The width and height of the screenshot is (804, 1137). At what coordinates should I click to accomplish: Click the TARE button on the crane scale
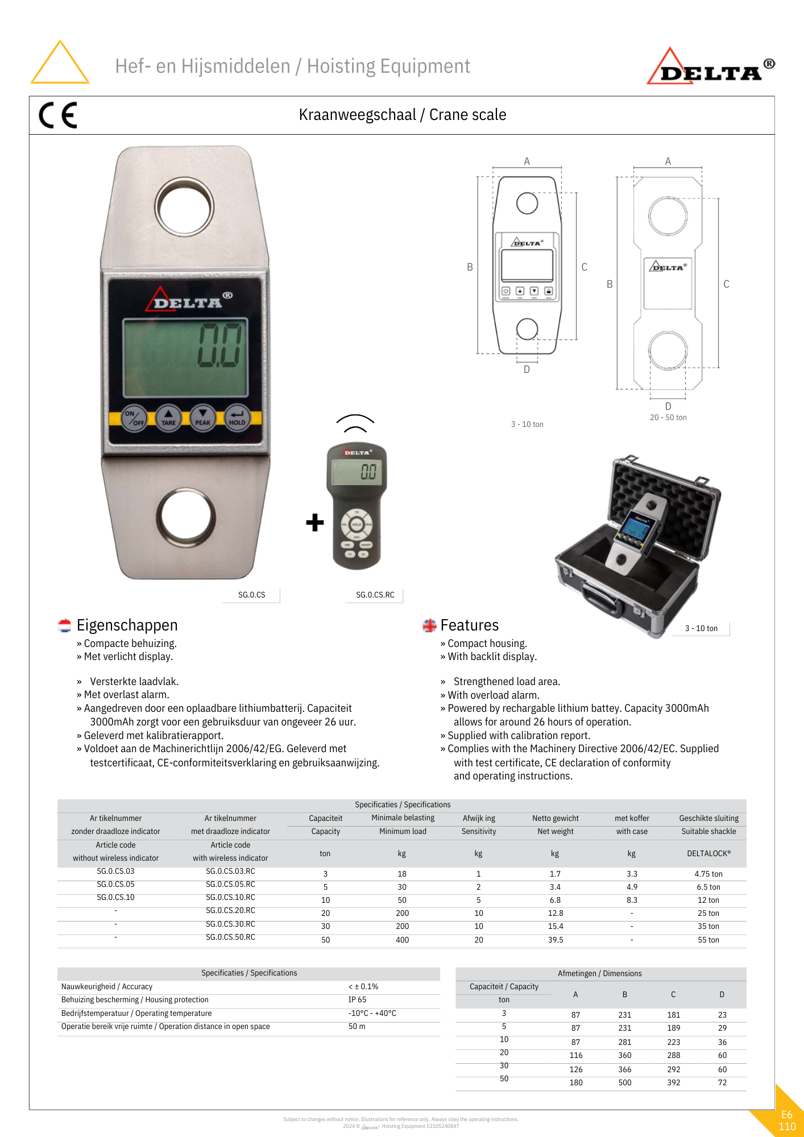(168, 418)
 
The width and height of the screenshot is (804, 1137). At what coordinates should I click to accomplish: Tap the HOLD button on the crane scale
(237, 418)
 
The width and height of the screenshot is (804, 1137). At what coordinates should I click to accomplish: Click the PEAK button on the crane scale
(203, 418)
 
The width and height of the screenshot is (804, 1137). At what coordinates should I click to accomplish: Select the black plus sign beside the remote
(314, 522)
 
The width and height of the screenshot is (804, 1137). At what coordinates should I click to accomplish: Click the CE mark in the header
(58, 115)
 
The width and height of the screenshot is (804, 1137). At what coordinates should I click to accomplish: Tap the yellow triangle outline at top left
(60, 63)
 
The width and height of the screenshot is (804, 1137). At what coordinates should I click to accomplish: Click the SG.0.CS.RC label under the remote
(375, 595)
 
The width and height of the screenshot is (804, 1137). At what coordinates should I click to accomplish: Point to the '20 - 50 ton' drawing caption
(668, 417)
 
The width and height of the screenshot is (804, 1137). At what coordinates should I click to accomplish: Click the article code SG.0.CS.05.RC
(230, 884)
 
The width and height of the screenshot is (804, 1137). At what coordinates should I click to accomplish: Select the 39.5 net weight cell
(556, 940)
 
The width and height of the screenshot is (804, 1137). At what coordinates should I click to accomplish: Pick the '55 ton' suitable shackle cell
(708, 940)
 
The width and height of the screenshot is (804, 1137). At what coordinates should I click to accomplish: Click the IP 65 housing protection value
(358, 999)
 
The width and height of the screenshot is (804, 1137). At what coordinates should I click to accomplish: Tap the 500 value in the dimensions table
(624, 1082)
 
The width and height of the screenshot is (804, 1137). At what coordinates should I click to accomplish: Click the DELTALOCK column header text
(708, 853)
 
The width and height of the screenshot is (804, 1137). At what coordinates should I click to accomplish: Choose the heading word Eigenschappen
(127, 625)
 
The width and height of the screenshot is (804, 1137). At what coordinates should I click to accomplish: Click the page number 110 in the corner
(787, 1126)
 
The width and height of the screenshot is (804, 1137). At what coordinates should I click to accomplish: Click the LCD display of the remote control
(357, 471)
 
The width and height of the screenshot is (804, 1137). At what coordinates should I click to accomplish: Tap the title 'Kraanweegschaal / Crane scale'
(402, 115)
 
